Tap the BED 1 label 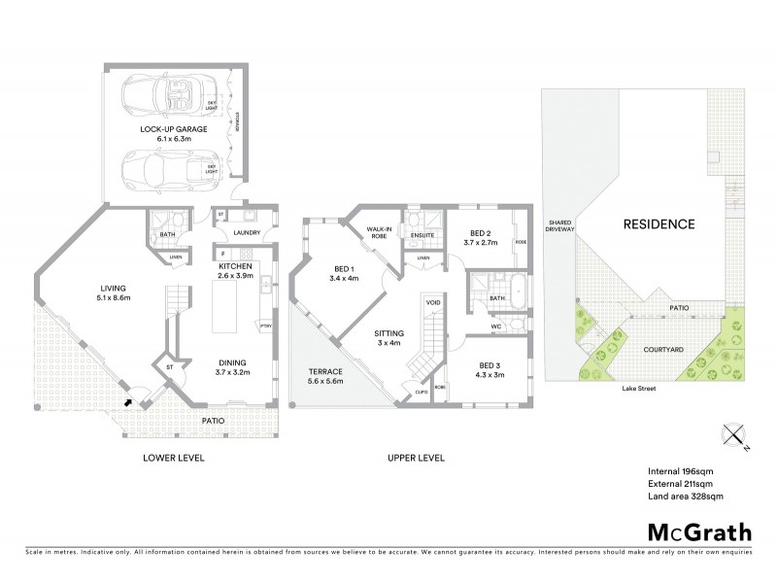point(344,273)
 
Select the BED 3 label point(490,370)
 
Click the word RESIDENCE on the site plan point(659,224)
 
